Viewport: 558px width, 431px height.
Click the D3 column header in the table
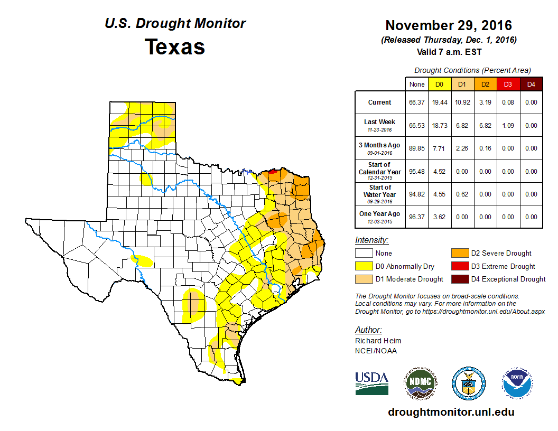508,84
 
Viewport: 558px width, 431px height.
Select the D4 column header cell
531,84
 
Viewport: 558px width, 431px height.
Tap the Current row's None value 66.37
417,102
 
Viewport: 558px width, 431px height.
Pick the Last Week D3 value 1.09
508,126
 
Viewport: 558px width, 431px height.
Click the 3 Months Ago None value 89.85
417,148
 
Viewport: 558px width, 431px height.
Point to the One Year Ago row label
380,217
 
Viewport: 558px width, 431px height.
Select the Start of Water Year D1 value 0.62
462,194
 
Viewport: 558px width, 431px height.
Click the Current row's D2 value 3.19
485,102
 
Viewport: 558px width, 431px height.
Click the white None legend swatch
364,254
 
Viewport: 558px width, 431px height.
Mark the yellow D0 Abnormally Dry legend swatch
364,266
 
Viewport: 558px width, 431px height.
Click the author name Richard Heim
378,341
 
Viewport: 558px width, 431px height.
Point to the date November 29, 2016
449,25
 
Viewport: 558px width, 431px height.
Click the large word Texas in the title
175,46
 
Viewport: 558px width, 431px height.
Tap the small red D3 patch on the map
272,171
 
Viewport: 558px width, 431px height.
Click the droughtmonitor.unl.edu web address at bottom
451,412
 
